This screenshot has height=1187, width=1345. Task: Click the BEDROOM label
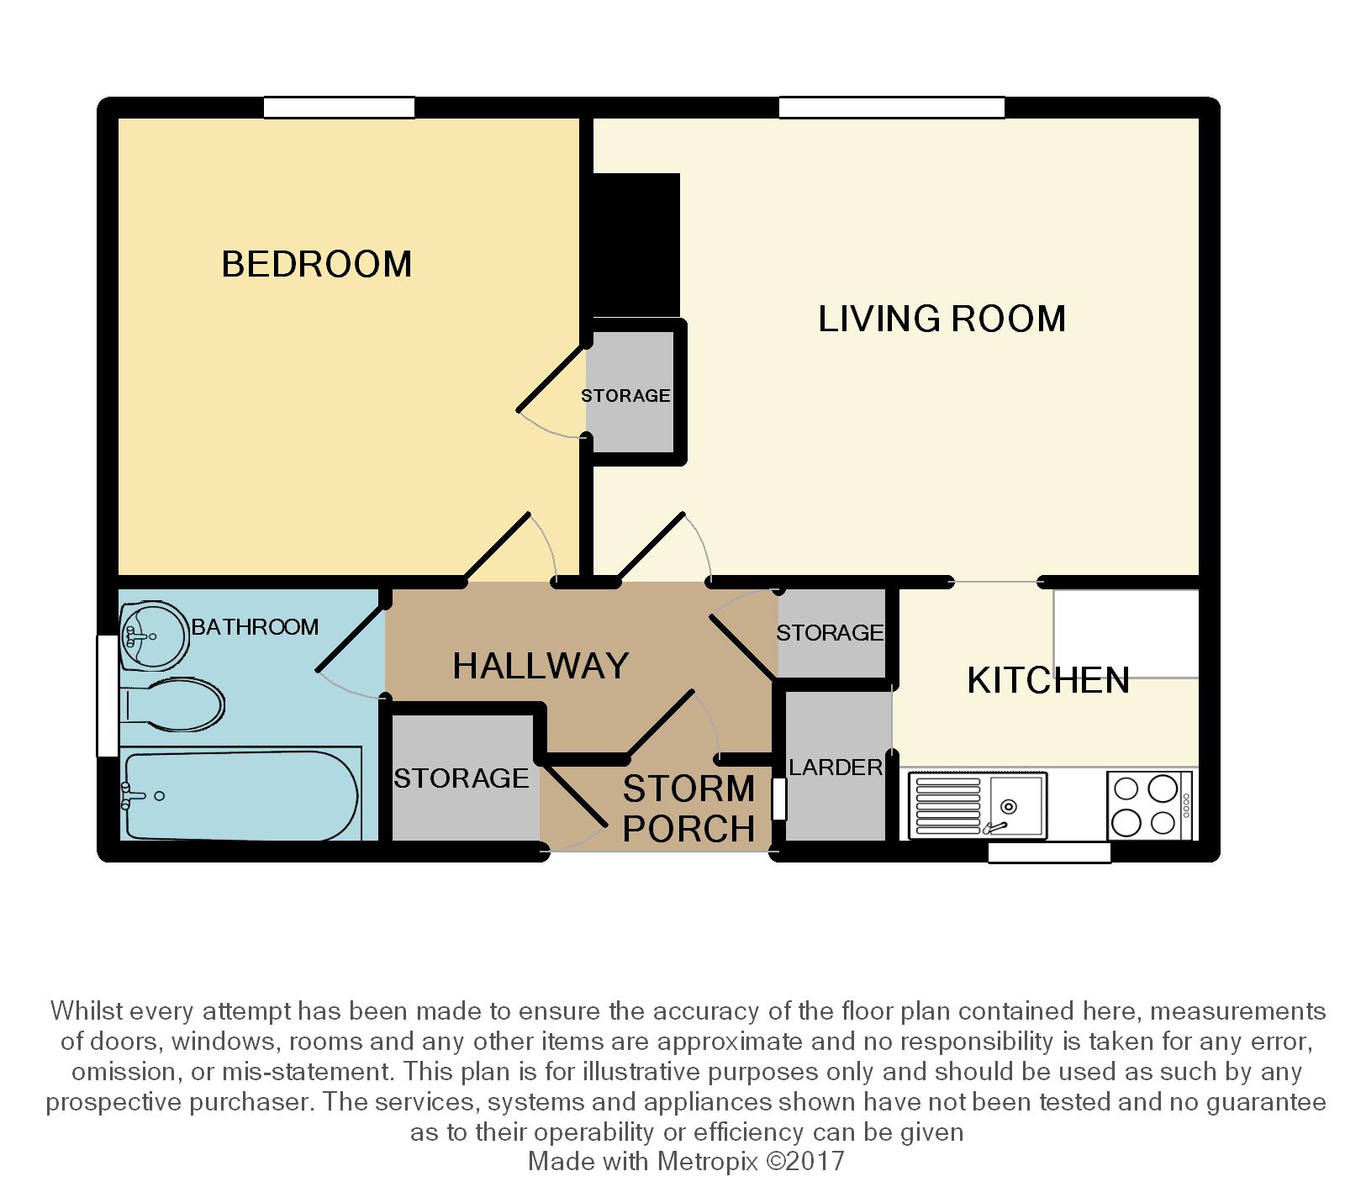tap(317, 264)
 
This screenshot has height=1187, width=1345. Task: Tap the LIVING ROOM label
tap(942, 319)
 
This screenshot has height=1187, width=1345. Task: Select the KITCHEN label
tap(1048, 680)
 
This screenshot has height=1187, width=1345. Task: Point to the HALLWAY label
tap(541, 666)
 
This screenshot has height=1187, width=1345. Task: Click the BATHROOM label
tap(256, 626)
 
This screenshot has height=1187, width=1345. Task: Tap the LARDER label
tap(836, 767)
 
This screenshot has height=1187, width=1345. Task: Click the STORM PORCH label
tap(688, 809)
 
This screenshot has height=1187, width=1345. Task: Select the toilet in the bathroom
tap(173, 703)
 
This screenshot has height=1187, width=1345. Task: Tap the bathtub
tap(241, 794)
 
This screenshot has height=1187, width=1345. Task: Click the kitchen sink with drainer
tap(978, 805)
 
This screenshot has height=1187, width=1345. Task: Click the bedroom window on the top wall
tap(339, 108)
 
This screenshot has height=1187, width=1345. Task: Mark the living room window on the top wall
tap(891, 108)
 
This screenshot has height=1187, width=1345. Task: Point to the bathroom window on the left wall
tap(108, 695)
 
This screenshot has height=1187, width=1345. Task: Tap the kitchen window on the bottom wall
tap(1049, 852)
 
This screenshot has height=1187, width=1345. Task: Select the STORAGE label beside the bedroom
tap(626, 395)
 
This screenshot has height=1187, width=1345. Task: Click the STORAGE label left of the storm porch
tap(462, 778)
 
